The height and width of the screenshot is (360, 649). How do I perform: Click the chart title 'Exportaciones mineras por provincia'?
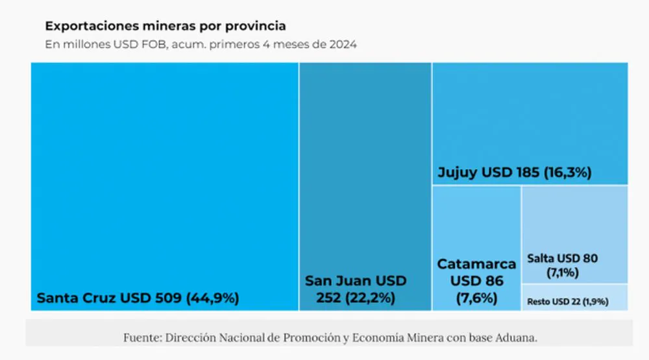tap(165, 27)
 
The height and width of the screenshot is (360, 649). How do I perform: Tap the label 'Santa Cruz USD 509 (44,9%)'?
tap(138, 298)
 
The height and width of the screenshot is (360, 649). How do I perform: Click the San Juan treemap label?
tap(356, 289)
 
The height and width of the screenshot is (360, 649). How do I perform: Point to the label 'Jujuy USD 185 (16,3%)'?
tap(514, 173)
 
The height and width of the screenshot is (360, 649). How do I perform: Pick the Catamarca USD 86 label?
tap(476, 281)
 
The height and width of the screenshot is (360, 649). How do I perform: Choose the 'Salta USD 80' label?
tap(562, 258)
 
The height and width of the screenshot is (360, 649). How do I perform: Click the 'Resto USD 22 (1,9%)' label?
tap(568, 302)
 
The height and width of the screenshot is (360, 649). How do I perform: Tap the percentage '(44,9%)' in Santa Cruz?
tap(213, 298)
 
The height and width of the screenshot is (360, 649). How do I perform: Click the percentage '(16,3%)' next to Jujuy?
tap(568, 173)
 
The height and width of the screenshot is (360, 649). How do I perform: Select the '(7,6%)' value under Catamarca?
tap(476, 298)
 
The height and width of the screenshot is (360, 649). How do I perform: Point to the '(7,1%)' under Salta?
tap(562, 272)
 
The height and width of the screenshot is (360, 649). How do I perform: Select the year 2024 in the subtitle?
tap(342, 45)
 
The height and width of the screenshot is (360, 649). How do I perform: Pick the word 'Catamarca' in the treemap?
tap(476, 264)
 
